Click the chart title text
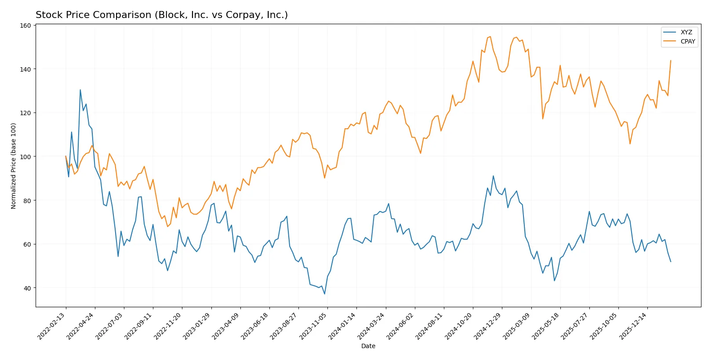[x=161, y=15]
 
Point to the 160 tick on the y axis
[x=26, y=25]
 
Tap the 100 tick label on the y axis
[x=26, y=157]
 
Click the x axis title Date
[x=368, y=346]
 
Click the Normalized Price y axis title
[x=14, y=166]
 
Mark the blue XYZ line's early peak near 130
[x=80, y=90]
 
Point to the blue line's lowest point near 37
[x=325, y=294]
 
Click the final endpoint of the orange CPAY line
[x=671, y=61]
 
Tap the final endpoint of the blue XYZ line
[x=671, y=262]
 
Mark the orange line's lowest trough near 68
[x=167, y=226]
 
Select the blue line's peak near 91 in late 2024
[x=493, y=176]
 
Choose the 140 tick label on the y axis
[x=26, y=69]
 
